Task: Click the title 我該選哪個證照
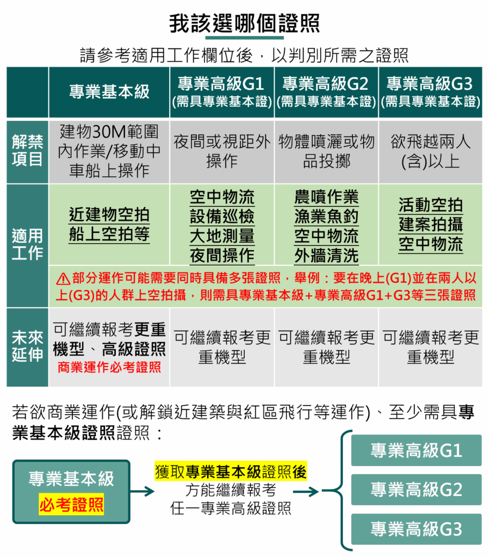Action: (x=244, y=23)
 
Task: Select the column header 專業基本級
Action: (x=109, y=92)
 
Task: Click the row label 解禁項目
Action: (x=27, y=151)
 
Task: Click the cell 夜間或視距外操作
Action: (x=222, y=151)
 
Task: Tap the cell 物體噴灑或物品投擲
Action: (x=326, y=151)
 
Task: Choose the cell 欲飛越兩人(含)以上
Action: (x=430, y=151)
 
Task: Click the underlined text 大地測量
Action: (x=222, y=236)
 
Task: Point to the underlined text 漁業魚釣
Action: (x=326, y=216)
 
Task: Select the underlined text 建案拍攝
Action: (x=431, y=225)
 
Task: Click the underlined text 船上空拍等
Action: (x=109, y=234)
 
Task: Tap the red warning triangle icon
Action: (x=63, y=279)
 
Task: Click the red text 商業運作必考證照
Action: (x=109, y=367)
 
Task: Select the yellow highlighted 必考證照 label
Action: (x=71, y=504)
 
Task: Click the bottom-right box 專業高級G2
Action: (x=416, y=490)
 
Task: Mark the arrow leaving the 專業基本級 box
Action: (x=142, y=492)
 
